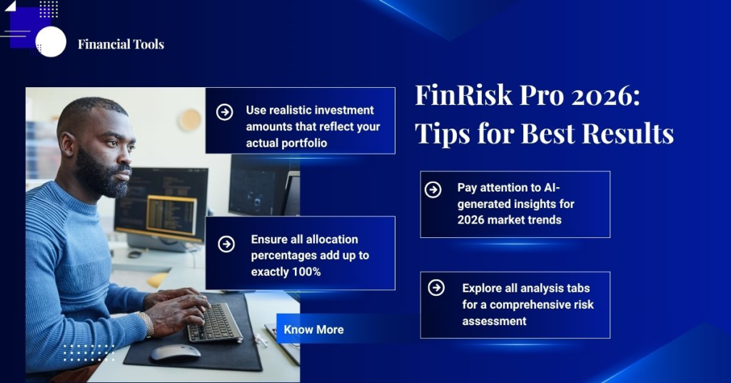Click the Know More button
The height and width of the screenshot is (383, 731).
coord(313,329)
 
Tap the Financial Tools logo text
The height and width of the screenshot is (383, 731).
coord(121,44)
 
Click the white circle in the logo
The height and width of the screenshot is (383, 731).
coord(51,41)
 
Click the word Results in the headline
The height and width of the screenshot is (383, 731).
coord(627,133)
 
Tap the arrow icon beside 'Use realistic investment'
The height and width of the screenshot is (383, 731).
coord(224,111)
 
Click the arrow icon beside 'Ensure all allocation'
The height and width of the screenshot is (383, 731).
coord(226,244)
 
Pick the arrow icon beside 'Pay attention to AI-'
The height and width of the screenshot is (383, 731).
coord(433,189)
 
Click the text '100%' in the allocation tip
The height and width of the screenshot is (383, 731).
coord(306,272)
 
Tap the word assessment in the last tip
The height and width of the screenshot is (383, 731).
coord(494,321)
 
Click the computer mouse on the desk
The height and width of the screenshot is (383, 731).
coord(175,352)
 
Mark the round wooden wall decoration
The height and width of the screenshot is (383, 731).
coord(190,119)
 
